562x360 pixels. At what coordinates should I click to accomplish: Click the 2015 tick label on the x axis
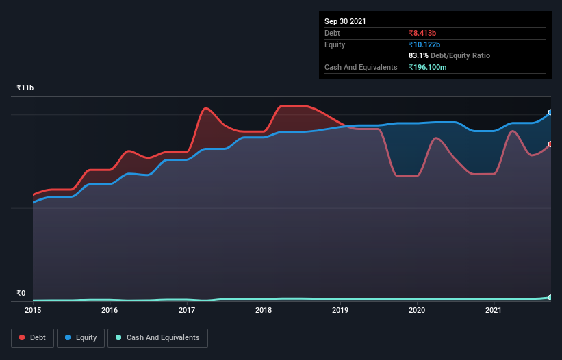[x=33, y=310]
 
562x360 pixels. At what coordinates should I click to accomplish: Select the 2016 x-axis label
[x=110, y=310]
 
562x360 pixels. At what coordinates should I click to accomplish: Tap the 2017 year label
[x=187, y=310]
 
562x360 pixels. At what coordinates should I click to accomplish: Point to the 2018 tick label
[x=264, y=310]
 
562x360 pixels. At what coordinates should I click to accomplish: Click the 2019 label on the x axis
[x=340, y=310]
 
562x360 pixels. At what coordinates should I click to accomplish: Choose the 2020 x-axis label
[x=417, y=310]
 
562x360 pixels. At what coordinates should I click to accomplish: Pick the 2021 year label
[x=494, y=310]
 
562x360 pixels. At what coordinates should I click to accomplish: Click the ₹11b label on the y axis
[x=25, y=88]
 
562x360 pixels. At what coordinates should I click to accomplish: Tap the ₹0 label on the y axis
[x=21, y=293]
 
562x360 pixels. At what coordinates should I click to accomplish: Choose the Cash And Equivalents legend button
[x=157, y=337]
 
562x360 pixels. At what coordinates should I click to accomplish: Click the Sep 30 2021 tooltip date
[x=345, y=21]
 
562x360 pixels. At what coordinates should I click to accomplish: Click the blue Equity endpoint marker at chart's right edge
[x=550, y=112]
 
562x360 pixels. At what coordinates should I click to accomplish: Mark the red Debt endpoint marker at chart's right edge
[x=550, y=144]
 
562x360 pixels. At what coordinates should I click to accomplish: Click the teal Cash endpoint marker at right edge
[x=550, y=298]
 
